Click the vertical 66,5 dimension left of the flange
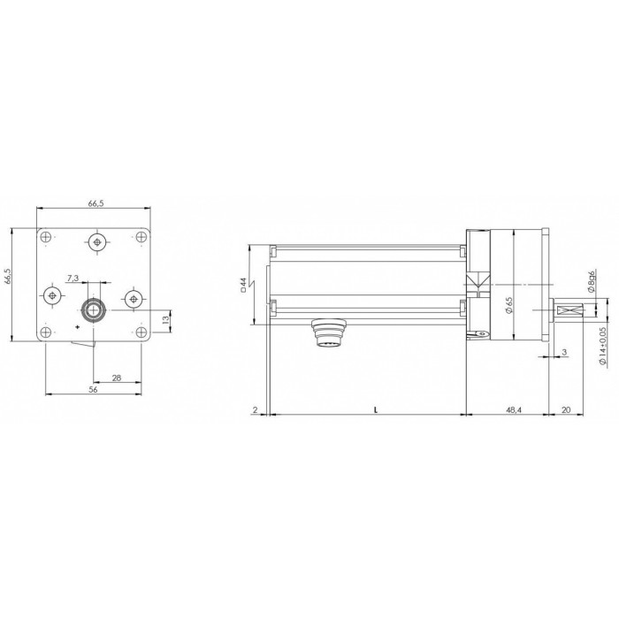click(6, 276)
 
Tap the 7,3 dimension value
click(73, 278)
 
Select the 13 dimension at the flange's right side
click(166, 319)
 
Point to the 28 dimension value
click(117, 378)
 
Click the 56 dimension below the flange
click(93, 389)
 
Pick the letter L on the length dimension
click(376, 410)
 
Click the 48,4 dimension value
click(514, 409)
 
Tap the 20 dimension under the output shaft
click(566, 409)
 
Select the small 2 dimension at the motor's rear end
click(255, 409)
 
